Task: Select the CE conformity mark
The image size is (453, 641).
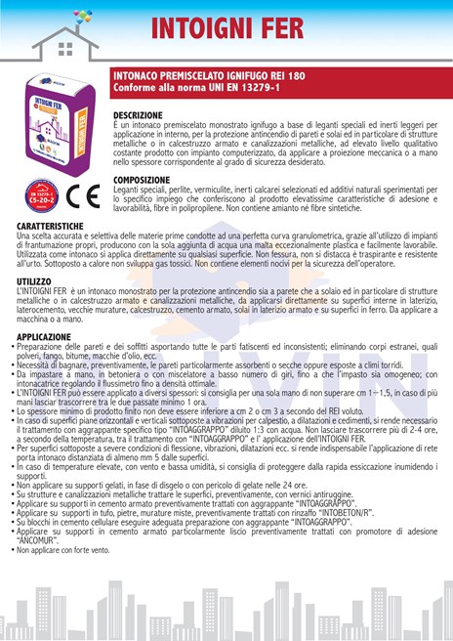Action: (88, 193)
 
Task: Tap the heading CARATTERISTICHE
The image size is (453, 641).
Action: (51, 226)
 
